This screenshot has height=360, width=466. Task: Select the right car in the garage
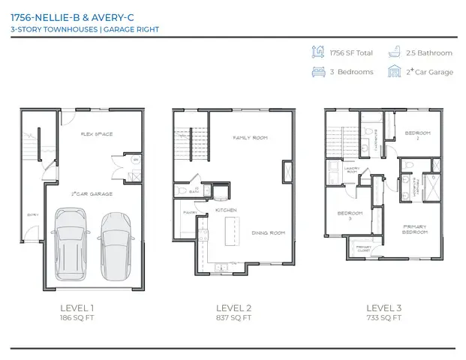(116, 244)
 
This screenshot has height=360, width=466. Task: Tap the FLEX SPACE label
(97, 134)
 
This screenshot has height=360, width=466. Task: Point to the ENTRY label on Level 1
(32, 214)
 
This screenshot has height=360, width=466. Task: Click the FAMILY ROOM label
(251, 138)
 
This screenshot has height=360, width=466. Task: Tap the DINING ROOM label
(269, 233)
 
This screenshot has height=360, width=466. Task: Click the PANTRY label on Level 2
(189, 212)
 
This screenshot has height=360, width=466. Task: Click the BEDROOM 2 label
(417, 135)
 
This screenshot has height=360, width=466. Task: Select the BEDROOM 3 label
(350, 214)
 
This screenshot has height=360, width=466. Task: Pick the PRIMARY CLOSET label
(364, 247)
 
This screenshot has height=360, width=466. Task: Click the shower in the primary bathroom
(433, 184)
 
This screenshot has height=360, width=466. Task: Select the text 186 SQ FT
(77, 318)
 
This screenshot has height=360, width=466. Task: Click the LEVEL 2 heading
(233, 308)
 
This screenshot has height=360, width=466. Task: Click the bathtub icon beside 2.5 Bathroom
(395, 52)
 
